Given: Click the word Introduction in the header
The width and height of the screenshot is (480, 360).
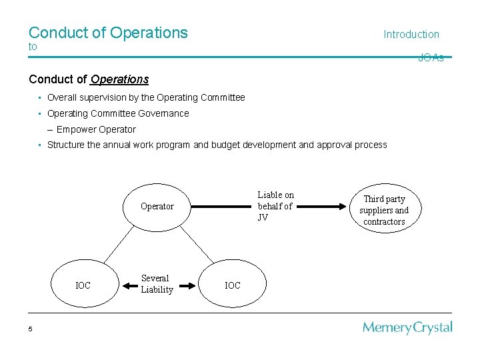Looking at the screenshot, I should point(411,35).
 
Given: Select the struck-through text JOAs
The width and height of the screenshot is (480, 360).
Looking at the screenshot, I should point(431,58).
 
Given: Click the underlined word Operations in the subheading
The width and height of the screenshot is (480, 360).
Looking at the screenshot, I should point(119,79).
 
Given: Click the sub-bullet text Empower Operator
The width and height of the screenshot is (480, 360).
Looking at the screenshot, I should point(96,129).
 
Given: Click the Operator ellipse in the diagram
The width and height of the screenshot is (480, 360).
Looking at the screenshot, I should point(157,207).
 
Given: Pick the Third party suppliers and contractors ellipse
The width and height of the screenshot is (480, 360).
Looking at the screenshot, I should point(384,210).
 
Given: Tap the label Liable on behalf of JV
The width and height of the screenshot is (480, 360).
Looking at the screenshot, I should point(275,206).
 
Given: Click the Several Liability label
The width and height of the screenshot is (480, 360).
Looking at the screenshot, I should point(157,284).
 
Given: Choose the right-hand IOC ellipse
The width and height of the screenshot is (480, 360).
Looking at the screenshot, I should point(233,286).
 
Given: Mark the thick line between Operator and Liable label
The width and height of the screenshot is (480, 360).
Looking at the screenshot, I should point(223,207).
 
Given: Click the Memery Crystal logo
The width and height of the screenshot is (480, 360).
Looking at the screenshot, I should point(407,327).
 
